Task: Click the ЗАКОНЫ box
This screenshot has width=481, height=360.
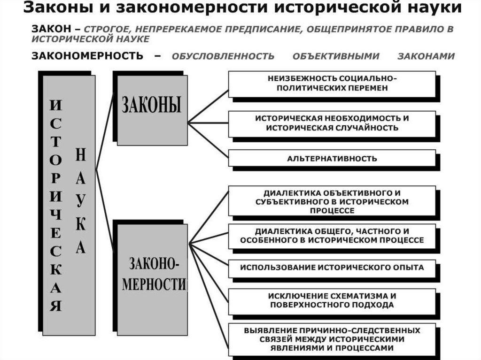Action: (152, 109)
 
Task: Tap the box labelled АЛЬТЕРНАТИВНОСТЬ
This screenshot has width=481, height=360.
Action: (332, 158)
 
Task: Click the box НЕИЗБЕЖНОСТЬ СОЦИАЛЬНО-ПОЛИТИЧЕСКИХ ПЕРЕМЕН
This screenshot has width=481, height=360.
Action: (332, 83)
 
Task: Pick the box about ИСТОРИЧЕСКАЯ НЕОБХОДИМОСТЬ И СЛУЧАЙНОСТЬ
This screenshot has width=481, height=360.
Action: (332, 123)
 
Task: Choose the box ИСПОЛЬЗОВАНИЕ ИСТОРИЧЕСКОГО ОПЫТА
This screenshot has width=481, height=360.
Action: (332, 268)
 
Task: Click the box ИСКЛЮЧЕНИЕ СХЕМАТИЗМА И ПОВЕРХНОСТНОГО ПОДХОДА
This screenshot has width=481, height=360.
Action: (332, 300)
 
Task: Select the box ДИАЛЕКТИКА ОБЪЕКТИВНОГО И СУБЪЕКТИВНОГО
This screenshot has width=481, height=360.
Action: (332, 202)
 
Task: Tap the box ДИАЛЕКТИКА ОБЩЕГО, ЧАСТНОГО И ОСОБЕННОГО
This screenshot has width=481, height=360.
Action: (332, 236)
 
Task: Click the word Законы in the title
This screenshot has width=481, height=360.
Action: (54, 8)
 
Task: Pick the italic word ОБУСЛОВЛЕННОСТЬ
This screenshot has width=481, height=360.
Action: (223, 57)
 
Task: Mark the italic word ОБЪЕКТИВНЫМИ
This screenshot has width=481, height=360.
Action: (336, 57)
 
